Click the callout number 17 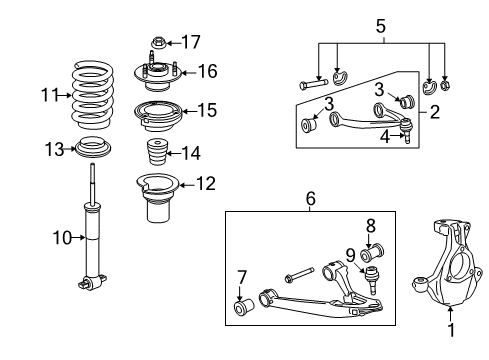click(190, 42)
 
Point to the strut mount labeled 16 click(155, 74)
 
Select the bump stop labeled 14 click(155, 156)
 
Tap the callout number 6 click(311, 199)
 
